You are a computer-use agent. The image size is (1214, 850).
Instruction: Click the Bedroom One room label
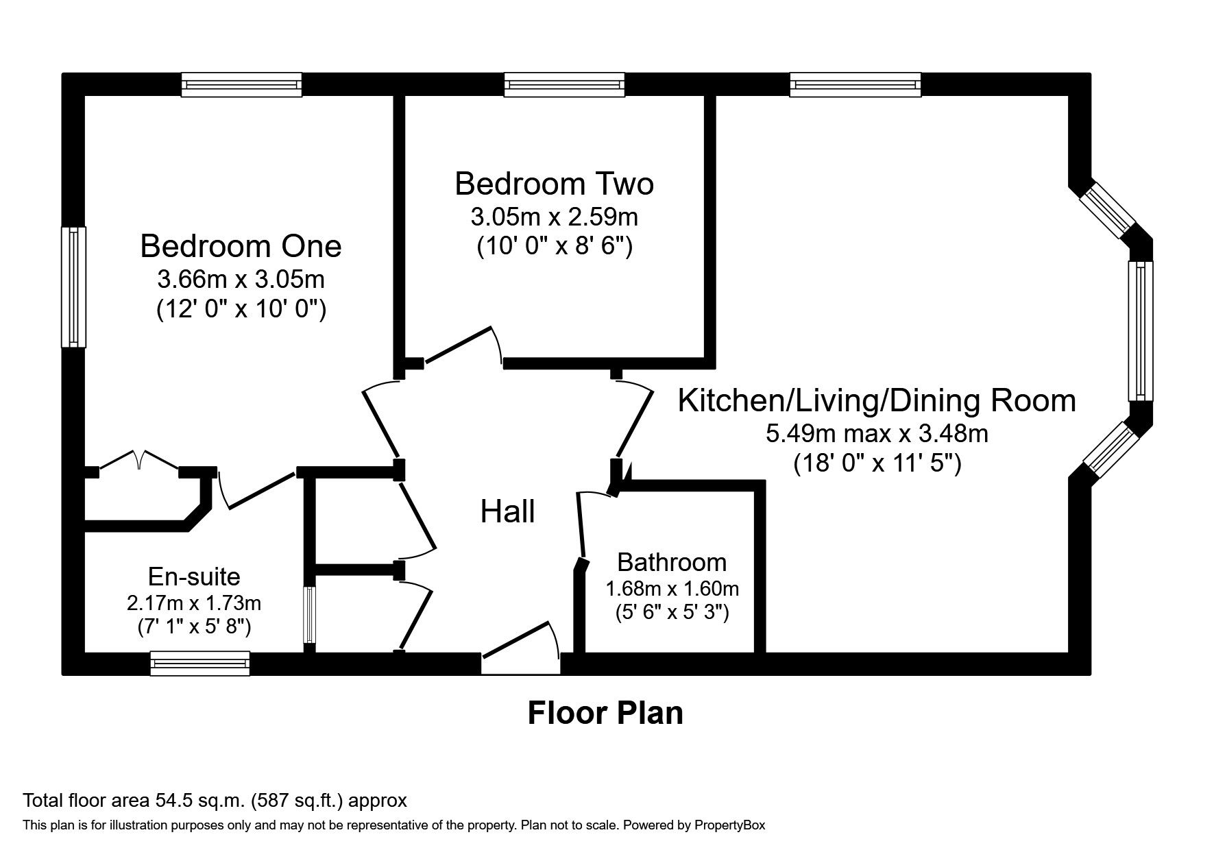tap(241, 247)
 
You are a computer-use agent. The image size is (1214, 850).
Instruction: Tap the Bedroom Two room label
tap(554, 184)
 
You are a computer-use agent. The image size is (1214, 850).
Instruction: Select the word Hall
tap(507, 512)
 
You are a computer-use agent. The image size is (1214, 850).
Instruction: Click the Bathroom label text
tap(672, 562)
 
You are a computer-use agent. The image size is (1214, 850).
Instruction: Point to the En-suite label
tap(194, 576)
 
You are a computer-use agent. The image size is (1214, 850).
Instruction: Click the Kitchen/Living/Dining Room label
tap(877, 400)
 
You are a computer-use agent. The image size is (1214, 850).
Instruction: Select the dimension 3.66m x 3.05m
tap(241, 280)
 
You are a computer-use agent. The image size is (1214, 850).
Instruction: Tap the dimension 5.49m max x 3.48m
tap(877, 433)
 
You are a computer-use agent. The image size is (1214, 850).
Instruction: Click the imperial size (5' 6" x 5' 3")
tap(672, 611)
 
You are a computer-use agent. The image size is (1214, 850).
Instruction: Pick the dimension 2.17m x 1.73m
tap(194, 603)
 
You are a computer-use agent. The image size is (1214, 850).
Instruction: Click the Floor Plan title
tap(605, 713)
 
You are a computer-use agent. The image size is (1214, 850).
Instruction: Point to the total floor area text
tap(215, 800)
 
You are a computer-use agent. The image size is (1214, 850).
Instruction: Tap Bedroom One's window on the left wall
tap(73, 287)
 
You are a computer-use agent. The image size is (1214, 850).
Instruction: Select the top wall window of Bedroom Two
tap(564, 85)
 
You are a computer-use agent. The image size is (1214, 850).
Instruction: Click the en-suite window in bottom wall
tap(199, 664)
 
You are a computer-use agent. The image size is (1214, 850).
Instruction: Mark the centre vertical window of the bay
tap(1140, 330)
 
